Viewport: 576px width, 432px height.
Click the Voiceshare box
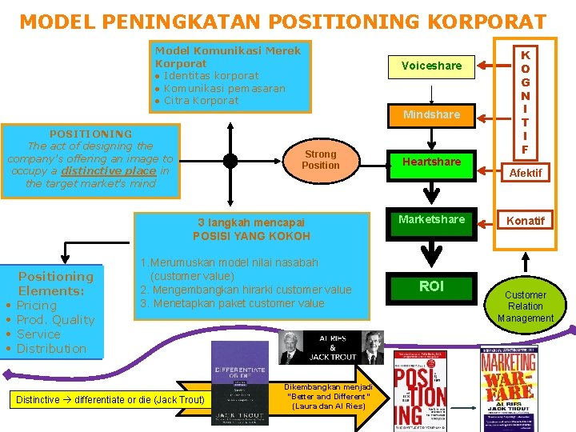point(431,66)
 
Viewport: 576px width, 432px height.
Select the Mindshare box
point(431,114)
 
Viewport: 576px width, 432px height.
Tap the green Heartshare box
point(431,162)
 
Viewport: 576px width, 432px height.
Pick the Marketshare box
point(431,219)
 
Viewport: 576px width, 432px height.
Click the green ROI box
point(431,286)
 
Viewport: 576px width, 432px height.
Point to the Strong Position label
point(320,159)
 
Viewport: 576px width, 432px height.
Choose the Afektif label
point(526,173)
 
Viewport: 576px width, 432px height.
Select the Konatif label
point(526,220)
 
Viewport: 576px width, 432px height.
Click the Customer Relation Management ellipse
point(526,306)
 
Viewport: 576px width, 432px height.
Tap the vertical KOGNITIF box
point(525,102)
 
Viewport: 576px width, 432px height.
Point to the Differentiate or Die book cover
point(239,384)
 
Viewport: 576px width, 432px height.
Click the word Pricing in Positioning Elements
point(37,306)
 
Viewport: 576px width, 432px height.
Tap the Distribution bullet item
point(51,349)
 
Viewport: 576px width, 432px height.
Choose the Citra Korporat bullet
point(201,101)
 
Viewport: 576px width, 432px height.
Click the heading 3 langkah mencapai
point(250,222)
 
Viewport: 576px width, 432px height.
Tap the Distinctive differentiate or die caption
point(110,399)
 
